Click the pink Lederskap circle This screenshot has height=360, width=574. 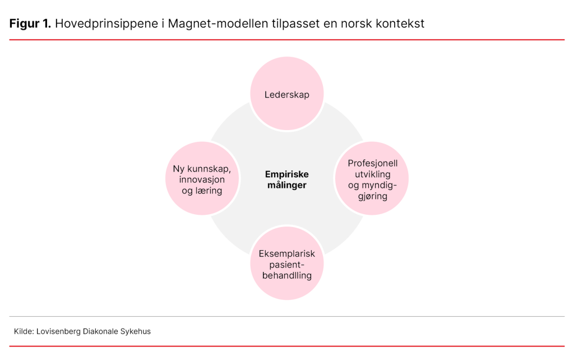tap(287, 94)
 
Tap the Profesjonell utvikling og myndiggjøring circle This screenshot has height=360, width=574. tap(372, 178)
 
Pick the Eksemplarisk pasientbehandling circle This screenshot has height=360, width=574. tap(287, 263)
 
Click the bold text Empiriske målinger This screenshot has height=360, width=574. tap(287, 179)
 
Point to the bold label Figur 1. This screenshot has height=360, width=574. tap(30, 24)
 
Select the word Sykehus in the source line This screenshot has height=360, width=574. tap(136, 331)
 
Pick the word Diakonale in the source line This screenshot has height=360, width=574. tap(101, 331)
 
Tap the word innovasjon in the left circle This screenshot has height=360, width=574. tap(202, 179)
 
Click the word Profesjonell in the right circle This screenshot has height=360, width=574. tap(372, 163)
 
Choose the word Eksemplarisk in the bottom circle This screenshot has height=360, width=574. tap(287, 253)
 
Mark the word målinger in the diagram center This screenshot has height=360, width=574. tap(287, 185)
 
